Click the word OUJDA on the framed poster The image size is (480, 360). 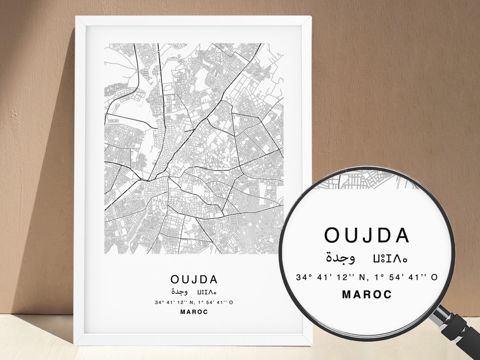(194, 280)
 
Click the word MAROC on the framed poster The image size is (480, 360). (194, 312)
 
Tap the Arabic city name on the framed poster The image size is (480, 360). (180, 292)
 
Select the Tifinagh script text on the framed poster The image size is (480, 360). (207, 292)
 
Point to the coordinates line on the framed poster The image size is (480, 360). (194, 303)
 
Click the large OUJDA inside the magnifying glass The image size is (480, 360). (367, 236)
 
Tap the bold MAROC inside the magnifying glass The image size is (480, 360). (367, 294)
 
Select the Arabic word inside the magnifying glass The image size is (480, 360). (340, 257)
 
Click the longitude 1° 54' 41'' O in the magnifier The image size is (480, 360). (406, 277)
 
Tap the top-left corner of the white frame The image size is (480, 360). (76, 18)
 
